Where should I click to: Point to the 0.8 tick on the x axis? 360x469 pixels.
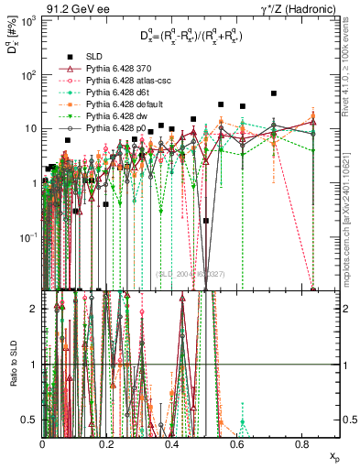(302, 443)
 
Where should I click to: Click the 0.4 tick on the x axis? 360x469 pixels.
(172, 443)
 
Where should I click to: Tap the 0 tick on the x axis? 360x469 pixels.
(42, 443)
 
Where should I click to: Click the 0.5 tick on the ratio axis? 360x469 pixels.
(33, 420)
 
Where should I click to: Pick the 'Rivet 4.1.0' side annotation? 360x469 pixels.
(353, 66)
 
